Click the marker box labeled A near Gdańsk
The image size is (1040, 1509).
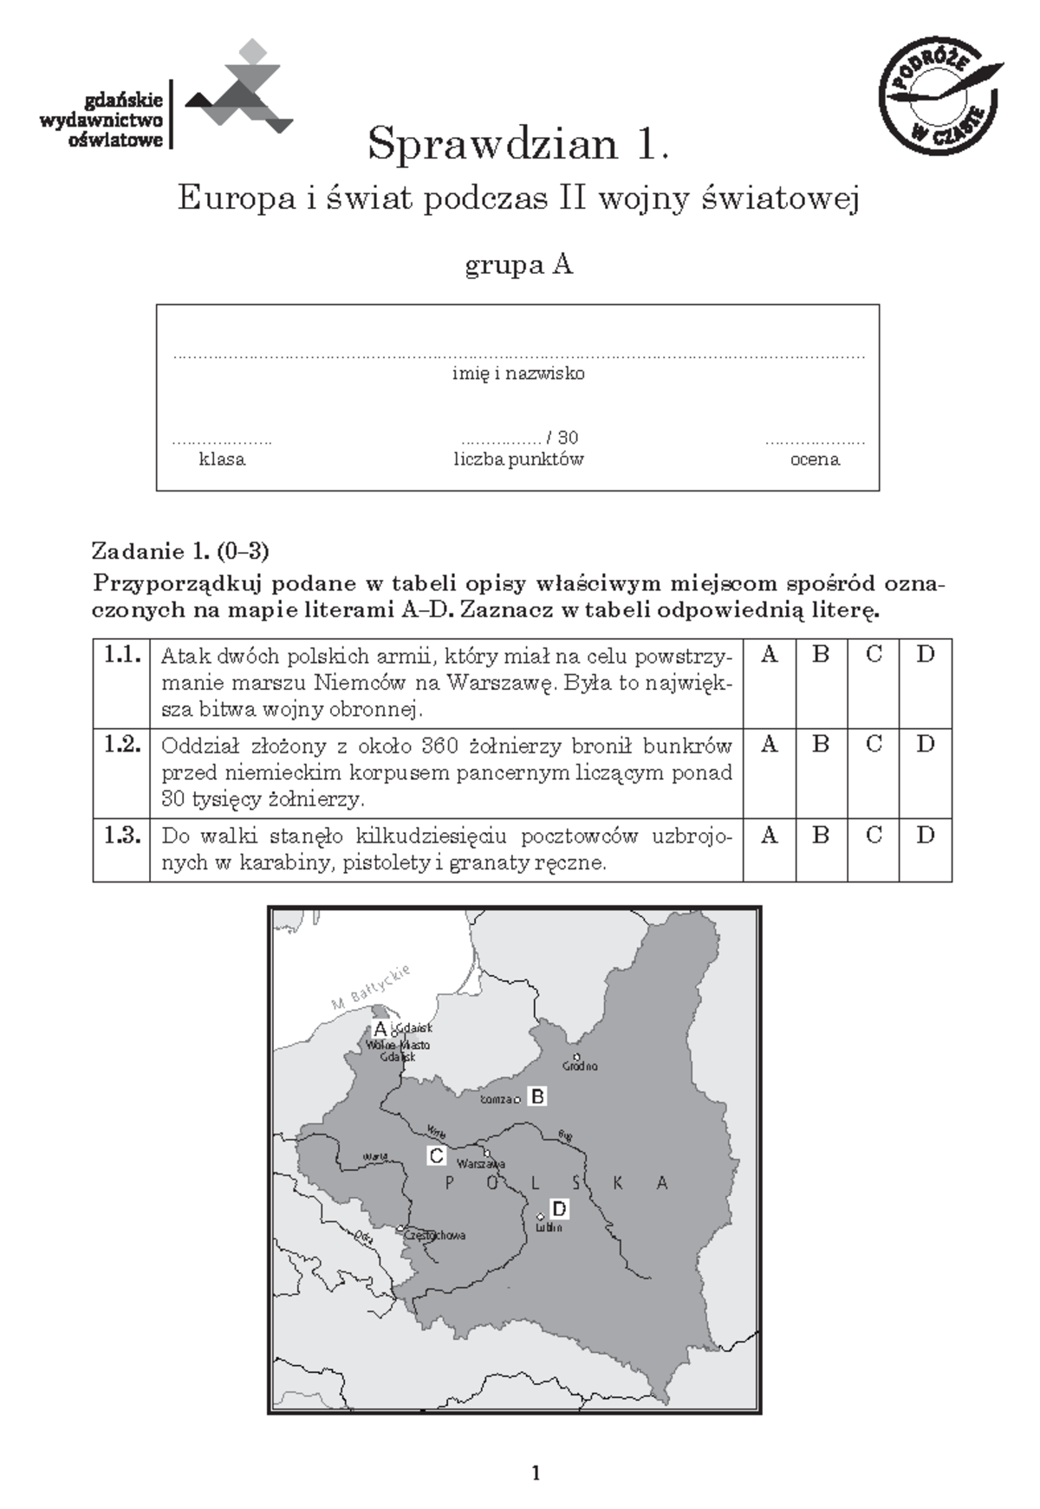pyautogui.click(x=380, y=1029)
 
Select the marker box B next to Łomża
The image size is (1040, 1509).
pyautogui.click(x=537, y=1096)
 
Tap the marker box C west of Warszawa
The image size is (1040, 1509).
pyautogui.click(x=437, y=1155)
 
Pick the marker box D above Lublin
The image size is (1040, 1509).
pyautogui.click(x=559, y=1209)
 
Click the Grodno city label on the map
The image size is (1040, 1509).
pyautogui.click(x=580, y=1065)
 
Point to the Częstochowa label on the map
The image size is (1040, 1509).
pyautogui.click(x=436, y=1235)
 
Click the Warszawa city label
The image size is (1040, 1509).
pyautogui.click(x=481, y=1164)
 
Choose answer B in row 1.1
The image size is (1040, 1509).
pyautogui.click(x=821, y=654)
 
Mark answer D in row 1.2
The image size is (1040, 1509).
pyautogui.click(x=926, y=744)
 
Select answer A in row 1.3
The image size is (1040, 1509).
pyautogui.click(x=769, y=835)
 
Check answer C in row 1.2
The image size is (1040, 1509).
pyautogui.click(x=874, y=744)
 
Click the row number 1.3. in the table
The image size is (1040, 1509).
pyautogui.click(x=122, y=836)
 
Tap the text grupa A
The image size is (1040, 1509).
pyautogui.click(x=519, y=264)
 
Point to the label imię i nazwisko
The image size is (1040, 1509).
pyautogui.click(x=518, y=374)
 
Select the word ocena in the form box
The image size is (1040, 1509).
pyautogui.click(x=815, y=459)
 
